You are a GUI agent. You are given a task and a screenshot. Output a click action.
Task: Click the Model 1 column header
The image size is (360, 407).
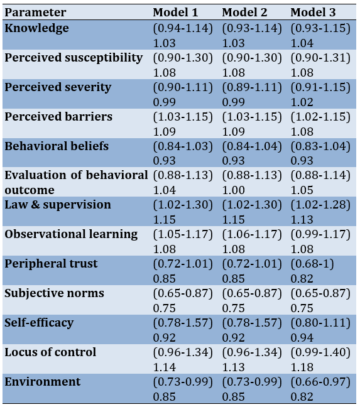(175, 13)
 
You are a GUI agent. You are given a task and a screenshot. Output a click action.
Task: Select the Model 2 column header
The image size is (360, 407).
(244, 13)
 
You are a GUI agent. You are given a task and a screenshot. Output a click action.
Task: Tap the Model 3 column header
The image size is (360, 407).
(313, 13)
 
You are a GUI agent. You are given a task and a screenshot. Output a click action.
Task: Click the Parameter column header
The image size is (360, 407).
(35, 13)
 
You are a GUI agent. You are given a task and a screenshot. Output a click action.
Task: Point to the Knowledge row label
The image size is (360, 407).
(37, 28)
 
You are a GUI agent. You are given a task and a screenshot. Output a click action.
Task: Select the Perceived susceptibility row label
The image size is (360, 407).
(74, 58)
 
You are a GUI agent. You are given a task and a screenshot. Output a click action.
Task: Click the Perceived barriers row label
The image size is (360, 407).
(58, 117)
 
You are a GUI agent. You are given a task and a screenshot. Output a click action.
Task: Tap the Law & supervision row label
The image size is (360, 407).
(58, 205)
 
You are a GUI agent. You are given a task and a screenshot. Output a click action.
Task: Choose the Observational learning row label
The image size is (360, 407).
(71, 234)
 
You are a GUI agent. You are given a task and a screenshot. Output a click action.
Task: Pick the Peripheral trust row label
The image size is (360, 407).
(51, 264)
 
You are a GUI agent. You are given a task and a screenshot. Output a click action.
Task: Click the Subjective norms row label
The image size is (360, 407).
(54, 293)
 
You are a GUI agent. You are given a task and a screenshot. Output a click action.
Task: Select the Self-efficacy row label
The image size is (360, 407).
(39, 323)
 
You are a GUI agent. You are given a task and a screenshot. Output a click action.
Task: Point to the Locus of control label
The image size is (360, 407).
(50, 352)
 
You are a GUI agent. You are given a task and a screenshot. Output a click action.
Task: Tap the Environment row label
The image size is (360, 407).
(43, 382)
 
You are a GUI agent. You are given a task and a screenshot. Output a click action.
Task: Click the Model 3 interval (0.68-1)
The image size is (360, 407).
(312, 264)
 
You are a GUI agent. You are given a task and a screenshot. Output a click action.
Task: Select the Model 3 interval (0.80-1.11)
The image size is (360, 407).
(320, 323)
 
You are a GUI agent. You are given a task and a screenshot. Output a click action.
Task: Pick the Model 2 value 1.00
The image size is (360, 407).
(233, 190)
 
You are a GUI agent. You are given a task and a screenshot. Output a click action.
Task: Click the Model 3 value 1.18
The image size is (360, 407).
(302, 367)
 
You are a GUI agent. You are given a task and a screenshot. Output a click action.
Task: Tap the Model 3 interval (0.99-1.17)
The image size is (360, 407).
(320, 234)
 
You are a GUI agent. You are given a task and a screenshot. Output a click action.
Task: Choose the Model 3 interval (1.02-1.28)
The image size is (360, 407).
(320, 205)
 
